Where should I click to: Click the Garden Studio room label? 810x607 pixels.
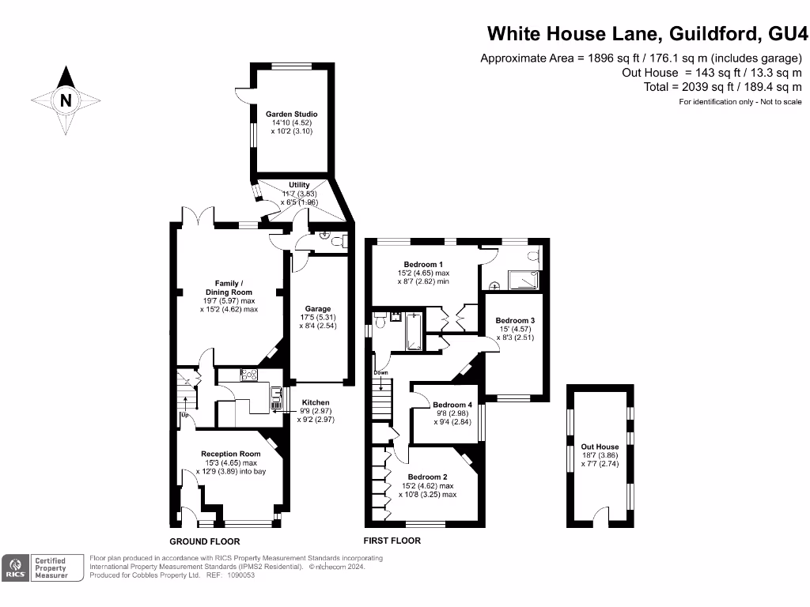[292, 115]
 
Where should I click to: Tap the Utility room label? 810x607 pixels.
[299, 185]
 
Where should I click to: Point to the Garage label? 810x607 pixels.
[318, 309]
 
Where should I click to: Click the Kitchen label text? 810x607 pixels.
[315, 403]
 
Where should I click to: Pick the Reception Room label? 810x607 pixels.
[230, 454]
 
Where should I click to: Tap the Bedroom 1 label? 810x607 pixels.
[423, 264]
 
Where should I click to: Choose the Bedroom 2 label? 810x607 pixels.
[428, 477]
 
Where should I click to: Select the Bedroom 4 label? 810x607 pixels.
[452, 405]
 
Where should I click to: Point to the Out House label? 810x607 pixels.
[600, 447]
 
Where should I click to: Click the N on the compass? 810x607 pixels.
[66, 100]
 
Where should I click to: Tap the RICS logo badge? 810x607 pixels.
[15, 567]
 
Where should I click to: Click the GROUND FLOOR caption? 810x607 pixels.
[205, 541]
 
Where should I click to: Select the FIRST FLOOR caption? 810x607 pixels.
[392, 541]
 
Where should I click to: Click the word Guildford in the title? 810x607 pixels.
[716, 33]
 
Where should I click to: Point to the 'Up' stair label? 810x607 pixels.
[185, 415]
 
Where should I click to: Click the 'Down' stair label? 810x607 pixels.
[381, 372]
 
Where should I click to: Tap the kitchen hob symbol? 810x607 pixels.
[249, 375]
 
